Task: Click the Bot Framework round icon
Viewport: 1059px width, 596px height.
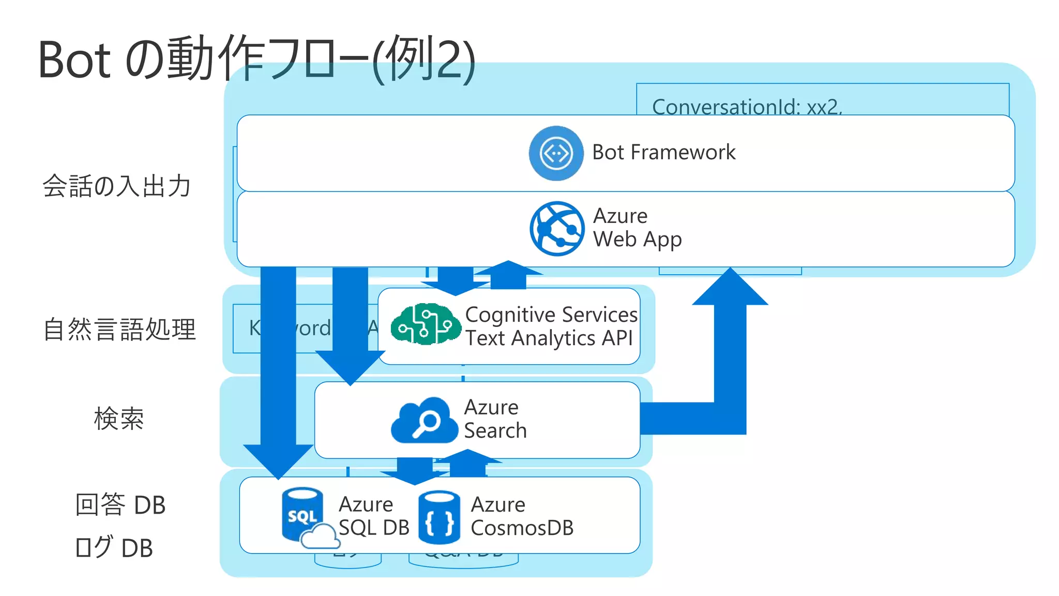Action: click(556, 153)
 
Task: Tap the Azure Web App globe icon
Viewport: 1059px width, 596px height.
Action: click(557, 228)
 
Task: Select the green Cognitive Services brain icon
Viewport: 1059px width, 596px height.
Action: click(425, 324)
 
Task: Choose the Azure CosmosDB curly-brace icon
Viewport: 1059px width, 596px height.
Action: click(439, 517)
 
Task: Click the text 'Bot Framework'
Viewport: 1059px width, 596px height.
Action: click(663, 153)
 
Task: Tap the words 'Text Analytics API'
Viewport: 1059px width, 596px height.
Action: click(549, 338)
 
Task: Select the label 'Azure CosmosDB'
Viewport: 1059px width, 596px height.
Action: click(522, 516)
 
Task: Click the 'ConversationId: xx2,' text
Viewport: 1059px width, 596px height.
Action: click(747, 107)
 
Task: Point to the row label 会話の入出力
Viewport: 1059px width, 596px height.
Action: click(117, 186)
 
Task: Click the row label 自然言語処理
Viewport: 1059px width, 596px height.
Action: click(119, 330)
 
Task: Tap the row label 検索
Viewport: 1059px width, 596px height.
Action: click(119, 419)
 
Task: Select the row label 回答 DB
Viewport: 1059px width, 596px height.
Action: click(120, 505)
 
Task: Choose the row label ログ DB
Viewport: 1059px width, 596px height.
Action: click(114, 548)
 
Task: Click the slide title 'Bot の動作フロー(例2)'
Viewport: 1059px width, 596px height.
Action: click(256, 59)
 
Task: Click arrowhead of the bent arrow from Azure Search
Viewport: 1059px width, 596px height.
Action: click(730, 288)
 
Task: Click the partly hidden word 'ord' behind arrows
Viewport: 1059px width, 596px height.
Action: click(314, 329)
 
